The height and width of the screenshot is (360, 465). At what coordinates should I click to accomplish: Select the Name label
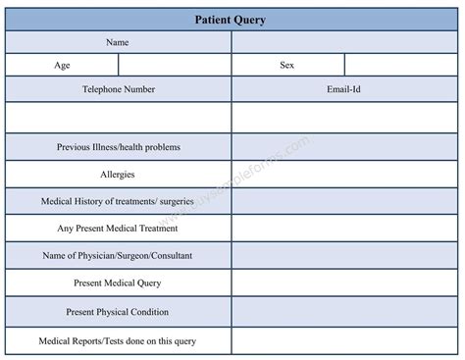[x=118, y=43]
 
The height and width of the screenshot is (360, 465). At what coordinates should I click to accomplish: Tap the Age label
[x=62, y=65]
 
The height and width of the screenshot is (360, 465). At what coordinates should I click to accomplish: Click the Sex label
[x=288, y=65]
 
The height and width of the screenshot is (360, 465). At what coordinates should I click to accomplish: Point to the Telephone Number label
[x=118, y=89]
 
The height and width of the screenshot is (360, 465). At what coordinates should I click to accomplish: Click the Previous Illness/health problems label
[x=118, y=147]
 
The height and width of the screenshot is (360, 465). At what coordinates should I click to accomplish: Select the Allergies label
[x=118, y=175]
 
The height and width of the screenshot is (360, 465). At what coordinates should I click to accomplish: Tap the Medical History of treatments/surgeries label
[x=118, y=202]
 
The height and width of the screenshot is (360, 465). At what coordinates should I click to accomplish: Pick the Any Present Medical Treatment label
[x=118, y=229]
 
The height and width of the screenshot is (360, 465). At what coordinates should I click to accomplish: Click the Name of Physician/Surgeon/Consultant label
[x=118, y=256]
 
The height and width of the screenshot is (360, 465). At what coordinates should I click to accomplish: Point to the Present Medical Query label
[x=118, y=283]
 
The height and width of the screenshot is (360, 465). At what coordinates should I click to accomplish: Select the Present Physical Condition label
[x=118, y=312]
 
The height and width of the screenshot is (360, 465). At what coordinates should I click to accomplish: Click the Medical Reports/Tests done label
[x=118, y=340]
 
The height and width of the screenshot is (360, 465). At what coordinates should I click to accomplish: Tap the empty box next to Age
[x=175, y=65]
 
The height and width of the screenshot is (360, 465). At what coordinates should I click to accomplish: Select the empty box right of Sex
[x=402, y=65]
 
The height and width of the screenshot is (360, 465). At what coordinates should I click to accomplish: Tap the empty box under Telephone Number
[x=118, y=117]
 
